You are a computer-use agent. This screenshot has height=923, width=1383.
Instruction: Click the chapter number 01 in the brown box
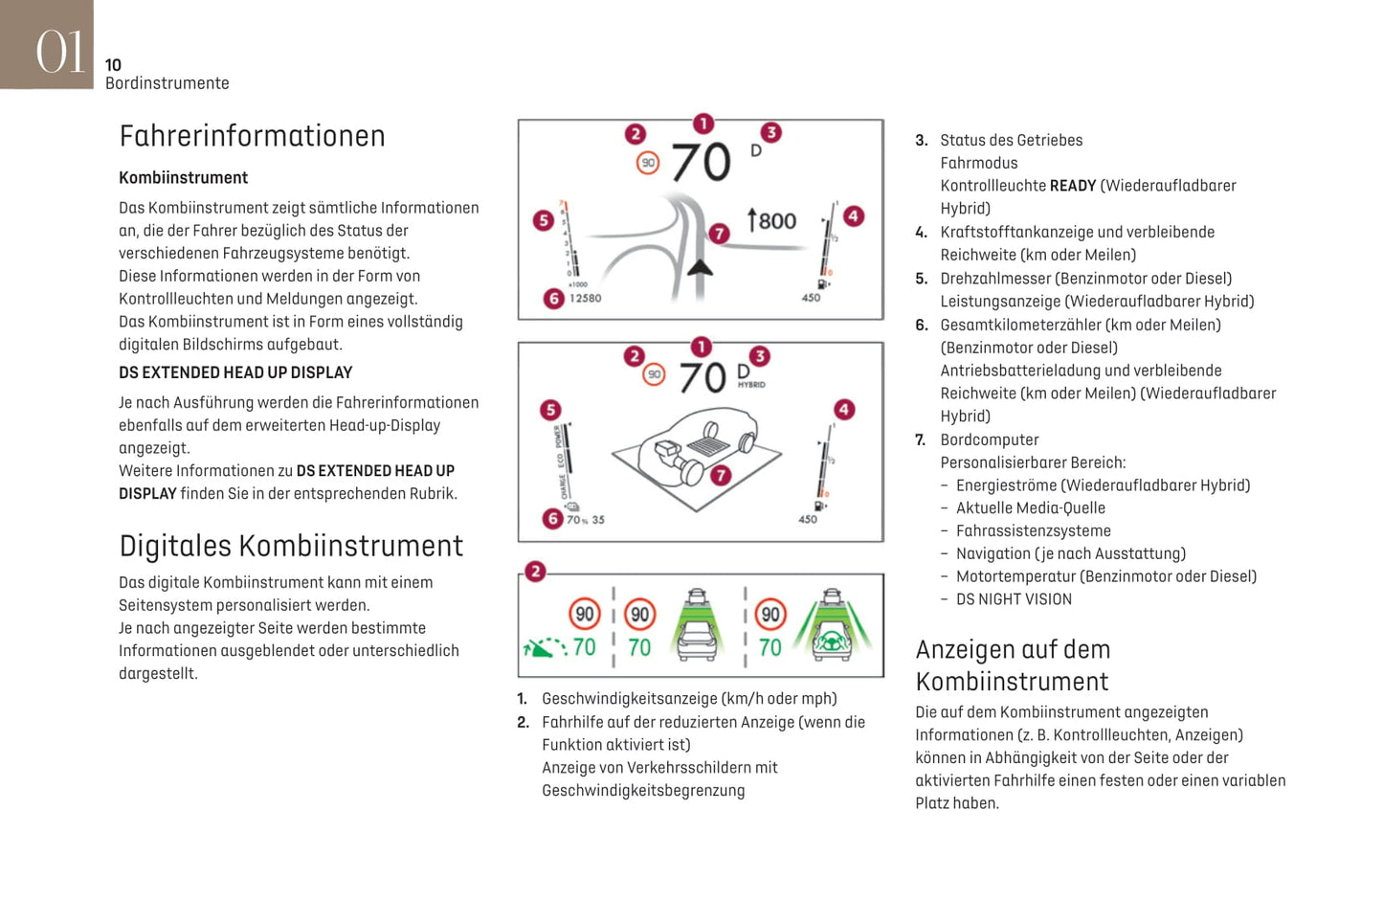tap(59, 50)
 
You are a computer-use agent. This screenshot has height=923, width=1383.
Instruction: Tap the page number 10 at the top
tap(113, 65)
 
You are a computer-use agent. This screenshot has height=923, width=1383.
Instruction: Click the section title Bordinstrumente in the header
tap(167, 83)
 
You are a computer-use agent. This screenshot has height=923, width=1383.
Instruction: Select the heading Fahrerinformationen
tap(252, 136)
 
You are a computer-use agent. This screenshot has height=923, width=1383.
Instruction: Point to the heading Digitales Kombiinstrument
tap(291, 546)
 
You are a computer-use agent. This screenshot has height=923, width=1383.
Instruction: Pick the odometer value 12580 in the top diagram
tap(585, 298)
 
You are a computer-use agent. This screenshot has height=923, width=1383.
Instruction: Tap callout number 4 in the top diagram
tap(853, 216)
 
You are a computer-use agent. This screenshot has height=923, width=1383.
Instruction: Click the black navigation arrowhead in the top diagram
tap(701, 267)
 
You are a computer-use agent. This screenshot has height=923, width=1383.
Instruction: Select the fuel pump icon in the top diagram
tap(823, 284)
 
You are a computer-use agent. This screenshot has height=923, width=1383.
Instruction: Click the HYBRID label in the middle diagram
tap(751, 385)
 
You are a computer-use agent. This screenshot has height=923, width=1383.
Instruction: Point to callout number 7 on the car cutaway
tap(721, 475)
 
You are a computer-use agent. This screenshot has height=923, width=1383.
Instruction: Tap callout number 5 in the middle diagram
tap(550, 410)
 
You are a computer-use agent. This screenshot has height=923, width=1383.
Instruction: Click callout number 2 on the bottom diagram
tap(535, 572)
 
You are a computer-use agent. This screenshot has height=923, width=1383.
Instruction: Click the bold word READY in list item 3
tap(1072, 186)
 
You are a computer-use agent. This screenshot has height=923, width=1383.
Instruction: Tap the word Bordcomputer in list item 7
tap(989, 440)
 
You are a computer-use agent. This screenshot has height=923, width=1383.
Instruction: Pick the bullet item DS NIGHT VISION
tap(1014, 599)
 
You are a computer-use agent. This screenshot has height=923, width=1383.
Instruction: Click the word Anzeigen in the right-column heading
tap(957, 650)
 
